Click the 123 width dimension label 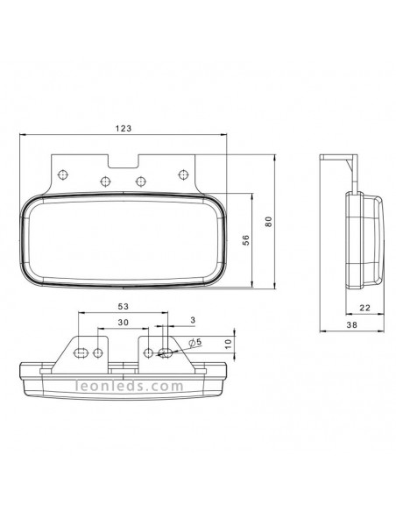pyautogui.click(x=124, y=128)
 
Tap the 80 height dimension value pyautogui.click(x=268, y=222)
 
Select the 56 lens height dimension pyautogui.click(x=246, y=240)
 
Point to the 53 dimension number pyautogui.click(x=123, y=306)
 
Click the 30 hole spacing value pyautogui.click(x=123, y=323)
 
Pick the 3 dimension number pyautogui.click(x=193, y=320)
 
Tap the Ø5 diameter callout pyautogui.click(x=195, y=342)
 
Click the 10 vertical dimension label pyautogui.click(x=228, y=344)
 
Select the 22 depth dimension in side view pyautogui.click(x=365, y=308)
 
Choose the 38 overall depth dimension pyautogui.click(x=352, y=324)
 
